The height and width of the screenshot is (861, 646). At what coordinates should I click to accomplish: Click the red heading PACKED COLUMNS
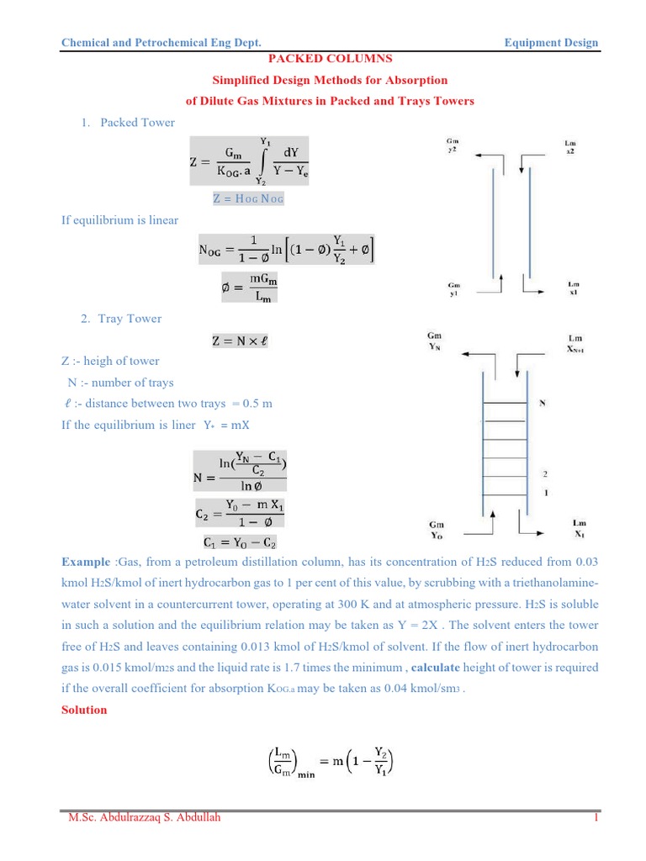pyautogui.click(x=330, y=59)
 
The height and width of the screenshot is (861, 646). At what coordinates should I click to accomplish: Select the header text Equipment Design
pyautogui.click(x=551, y=42)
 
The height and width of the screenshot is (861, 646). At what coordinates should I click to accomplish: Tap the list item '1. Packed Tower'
pyautogui.click(x=128, y=123)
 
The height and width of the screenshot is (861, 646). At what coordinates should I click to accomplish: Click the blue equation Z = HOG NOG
pyautogui.click(x=249, y=198)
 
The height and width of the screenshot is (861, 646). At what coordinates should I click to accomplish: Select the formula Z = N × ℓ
pyautogui.click(x=239, y=341)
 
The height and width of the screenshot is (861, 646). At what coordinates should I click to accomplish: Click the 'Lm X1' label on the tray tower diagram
pyautogui.click(x=580, y=528)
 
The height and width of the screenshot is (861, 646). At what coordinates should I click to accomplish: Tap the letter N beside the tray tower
pyautogui.click(x=543, y=403)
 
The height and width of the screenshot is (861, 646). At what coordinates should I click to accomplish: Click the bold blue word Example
pyautogui.click(x=86, y=562)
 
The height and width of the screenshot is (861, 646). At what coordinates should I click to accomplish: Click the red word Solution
pyautogui.click(x=85, y=710)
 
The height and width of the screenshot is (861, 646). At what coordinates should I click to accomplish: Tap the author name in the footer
pyautogui.click(x=145, y=817)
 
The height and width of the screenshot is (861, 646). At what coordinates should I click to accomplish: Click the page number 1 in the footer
pyautogui.click(x=595, y=817)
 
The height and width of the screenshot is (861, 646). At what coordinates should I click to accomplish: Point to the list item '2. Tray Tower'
pyautogui.click(x=121, y=319)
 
